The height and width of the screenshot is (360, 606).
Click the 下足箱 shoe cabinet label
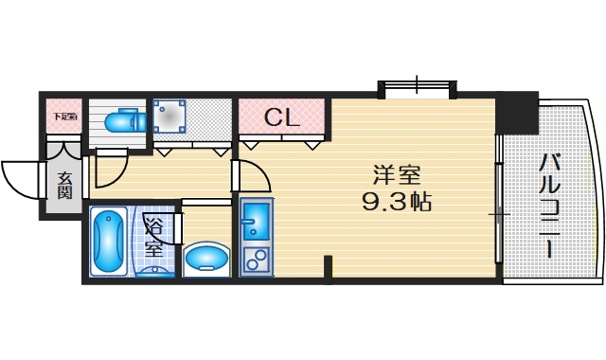click(x=64, y=117)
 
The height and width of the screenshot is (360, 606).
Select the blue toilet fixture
click(x=122, y=121)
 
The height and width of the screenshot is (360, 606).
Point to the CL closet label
click(x=281, y=118)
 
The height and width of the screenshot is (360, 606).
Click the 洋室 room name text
click(x=397, y=177)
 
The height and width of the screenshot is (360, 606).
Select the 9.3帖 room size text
click(x=397, y=203)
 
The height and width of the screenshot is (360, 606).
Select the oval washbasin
click(x=207, y=258)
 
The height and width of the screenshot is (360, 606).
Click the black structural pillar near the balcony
click(x=517, y=114)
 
